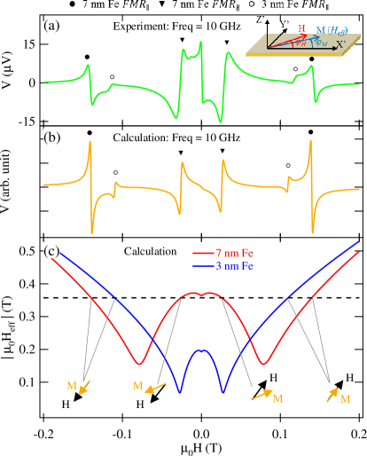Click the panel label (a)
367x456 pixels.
pos(52,27)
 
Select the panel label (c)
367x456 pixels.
pos(52,252)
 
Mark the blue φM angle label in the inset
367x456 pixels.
pos(321,43)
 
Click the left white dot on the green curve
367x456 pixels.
pos(112,77)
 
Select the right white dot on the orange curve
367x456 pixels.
pos(287,165)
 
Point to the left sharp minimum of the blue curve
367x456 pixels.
pos(180,391)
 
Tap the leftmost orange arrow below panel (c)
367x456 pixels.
pos(84,387)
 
